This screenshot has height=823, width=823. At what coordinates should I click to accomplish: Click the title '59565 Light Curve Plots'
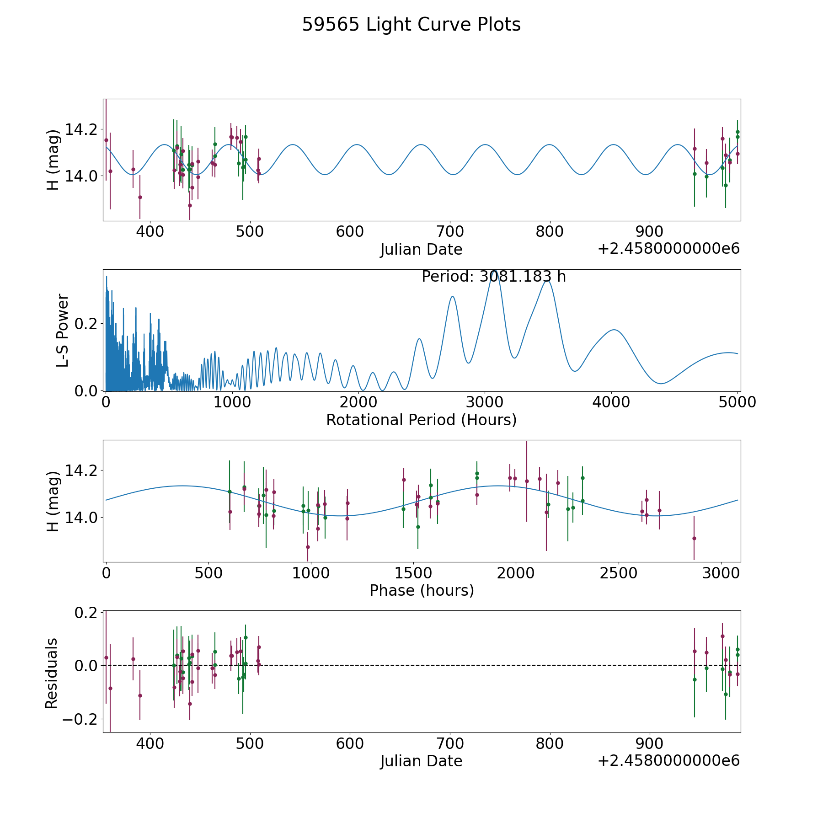coord(411,25)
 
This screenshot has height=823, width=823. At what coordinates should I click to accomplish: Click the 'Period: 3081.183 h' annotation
coord(494,277)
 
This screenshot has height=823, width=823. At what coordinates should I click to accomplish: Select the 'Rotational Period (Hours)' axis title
coord(421,420)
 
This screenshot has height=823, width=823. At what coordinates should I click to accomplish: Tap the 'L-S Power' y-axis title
coord(63,330)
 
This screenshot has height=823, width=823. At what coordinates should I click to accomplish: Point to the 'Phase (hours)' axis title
coord(422,590)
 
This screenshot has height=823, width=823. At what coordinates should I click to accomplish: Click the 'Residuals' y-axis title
coord(52,673)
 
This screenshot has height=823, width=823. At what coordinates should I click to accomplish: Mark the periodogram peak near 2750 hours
coord(452,296)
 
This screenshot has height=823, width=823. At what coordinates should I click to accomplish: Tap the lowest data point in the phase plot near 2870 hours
coord(694,538)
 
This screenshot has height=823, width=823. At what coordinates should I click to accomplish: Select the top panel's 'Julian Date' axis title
coord(421,250)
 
